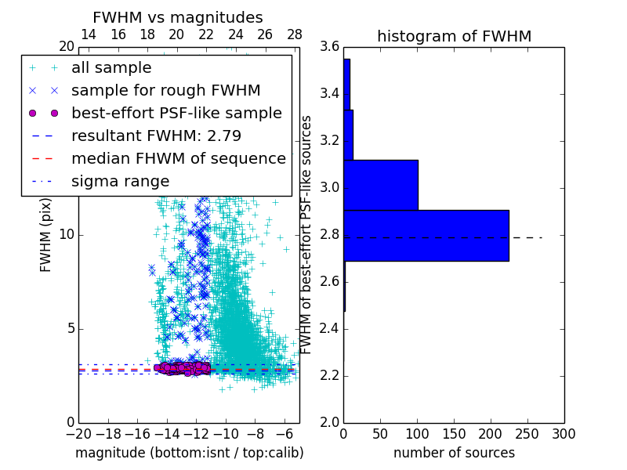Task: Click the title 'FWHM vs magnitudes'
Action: tap(178, 18)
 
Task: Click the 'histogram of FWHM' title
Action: tap(454, 36)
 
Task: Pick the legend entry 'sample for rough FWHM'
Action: tap(165, 91)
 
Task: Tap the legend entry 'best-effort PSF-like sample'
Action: tap(176, 113)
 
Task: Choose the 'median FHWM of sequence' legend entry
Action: tap(178, 159)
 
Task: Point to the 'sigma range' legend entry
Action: tap(120, 182)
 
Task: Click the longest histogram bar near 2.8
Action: tap(426, 236)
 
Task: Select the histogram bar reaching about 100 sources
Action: tap(380, 185)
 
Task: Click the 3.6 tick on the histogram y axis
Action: tap(329, 47)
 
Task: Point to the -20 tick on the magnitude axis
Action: tap(78, 433)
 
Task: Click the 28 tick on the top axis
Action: tap(295, 34)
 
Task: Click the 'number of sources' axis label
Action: tap(454, 453)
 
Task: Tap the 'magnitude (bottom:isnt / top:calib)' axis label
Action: tap(189, 453)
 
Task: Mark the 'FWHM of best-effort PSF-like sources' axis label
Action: tap(306, 234)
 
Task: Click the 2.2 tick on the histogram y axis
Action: tap(329, 376)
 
